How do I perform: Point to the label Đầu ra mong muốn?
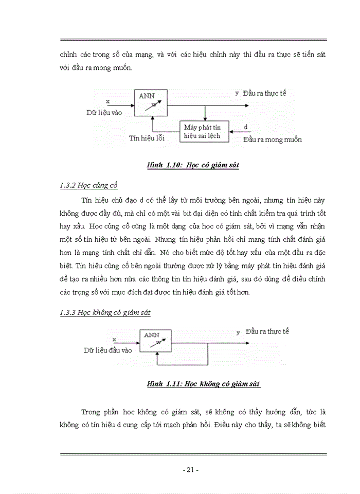pyautogui.click(x=273, y=139)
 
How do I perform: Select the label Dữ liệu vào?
pyautogui.click(x=104, y=112)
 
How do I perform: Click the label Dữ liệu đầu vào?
pyautogui.click(x=108, y=350)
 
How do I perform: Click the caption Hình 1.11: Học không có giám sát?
pyautogui.click(x=204, y=384)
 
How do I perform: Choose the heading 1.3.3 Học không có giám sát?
pyautogui.click(x=105, y=312)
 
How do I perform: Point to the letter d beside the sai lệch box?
pyautogui.click(x=246, y=127)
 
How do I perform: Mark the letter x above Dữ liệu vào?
pyautogui.click(x=107, y=101)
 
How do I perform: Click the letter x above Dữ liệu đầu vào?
pyautogui.click(x=114, y=339)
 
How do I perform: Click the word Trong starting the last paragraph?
pyautogui.click(x=92, y=412)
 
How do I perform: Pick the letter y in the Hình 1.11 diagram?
pyautogui.click(x=238, y=332)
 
